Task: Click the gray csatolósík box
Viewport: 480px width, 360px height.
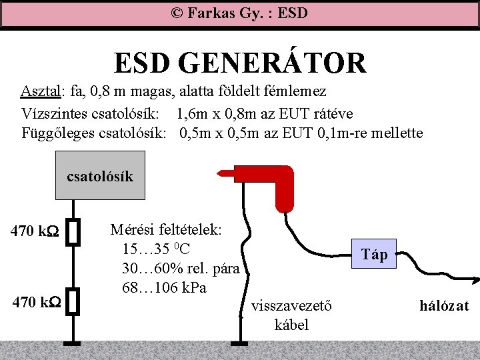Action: [100, 176]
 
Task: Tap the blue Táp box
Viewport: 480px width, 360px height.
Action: [375, 253]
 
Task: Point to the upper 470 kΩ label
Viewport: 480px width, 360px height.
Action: [35, 233]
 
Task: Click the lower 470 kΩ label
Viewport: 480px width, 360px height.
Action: [35, 301]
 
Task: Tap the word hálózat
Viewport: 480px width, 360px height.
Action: [444, 306]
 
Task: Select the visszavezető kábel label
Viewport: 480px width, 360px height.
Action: [292, 315]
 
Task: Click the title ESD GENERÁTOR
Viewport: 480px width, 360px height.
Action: [240, 63]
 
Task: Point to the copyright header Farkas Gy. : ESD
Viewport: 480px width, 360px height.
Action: [239, 13]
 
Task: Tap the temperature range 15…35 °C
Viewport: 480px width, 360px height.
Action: [157, 249]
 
